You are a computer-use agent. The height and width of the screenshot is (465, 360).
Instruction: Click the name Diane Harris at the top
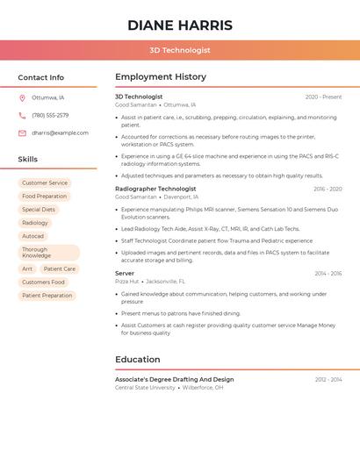tap(180, 25)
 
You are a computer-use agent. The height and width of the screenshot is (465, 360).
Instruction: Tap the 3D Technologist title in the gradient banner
tap(180, 51)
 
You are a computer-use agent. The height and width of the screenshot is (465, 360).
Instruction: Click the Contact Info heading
tap(41, 77)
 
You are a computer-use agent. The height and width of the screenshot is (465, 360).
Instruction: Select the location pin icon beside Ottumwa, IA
tap(22, 97)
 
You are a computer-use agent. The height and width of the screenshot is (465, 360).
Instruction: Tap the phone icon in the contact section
tap(22, 115)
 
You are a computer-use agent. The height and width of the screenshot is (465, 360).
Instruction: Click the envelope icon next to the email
tap(22, 133)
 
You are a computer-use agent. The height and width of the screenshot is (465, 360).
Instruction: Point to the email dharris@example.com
tap(60, 133)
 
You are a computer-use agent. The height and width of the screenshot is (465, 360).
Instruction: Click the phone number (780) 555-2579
tap(50, 115)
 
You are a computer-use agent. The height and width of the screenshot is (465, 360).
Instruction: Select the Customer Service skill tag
tap(45, 183)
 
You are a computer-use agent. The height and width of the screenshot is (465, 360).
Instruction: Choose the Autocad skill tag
tap(33, 236)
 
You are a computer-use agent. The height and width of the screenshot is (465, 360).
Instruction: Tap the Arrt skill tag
tap(27, 269)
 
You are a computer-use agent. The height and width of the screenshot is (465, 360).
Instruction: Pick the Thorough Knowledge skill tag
tap(37, 253)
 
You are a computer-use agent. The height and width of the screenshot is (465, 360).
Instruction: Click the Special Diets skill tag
tap(39, 210)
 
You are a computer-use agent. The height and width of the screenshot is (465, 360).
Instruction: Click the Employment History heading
tap(161, 77)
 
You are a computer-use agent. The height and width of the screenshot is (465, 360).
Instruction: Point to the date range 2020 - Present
tap(323, 97)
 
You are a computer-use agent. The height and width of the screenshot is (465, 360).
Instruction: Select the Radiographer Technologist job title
tap(155, 189)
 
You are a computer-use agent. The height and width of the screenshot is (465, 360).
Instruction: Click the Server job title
tap(125, 273)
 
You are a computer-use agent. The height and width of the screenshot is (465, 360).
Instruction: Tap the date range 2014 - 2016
tap(328, 274)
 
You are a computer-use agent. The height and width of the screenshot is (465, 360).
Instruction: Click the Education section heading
tap(138, 359)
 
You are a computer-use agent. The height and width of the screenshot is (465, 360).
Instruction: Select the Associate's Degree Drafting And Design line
tap(174, 379)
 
